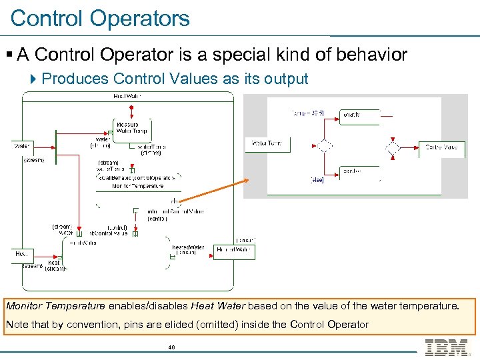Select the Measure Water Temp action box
pyautogui.click(x=131, y=127)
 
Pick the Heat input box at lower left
pyautogui.click(x=23, y=254)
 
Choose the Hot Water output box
pyautogui.click(x=233, y=250)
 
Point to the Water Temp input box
pyautogui.click(x=266, y=143)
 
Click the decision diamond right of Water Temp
pyautogui.click(x=324, y=146)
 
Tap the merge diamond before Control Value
pyautogui.click(x=393, y=147)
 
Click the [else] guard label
pyautogui.click(x=317, y=180)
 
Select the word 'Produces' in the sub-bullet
pyautogui.click(x=75, y=79)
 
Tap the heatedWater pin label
pyautogui.click(x=188, y=247)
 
